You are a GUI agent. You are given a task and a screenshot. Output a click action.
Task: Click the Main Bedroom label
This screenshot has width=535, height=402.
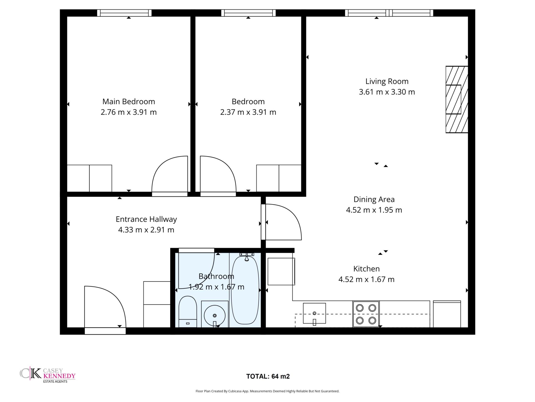click(x=129, y=102)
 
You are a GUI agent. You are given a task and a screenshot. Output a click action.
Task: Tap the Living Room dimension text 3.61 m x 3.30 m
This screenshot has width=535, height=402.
click(x=387, y=92)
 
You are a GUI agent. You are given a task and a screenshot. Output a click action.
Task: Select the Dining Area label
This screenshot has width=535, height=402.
click(x=374, y=199)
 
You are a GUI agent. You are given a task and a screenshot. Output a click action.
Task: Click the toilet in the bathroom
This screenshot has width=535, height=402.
click(x=188, y=311)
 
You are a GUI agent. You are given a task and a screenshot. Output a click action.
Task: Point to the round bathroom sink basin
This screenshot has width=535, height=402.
click(x=215, y=316)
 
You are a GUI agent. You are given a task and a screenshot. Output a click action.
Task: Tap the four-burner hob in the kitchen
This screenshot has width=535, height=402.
click(x=366, y=314)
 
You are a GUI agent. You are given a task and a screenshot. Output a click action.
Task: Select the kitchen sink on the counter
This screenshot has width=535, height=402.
click(x=314, y=313)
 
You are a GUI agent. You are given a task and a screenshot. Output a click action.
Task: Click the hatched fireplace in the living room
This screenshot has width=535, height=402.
click(x=457, y=99)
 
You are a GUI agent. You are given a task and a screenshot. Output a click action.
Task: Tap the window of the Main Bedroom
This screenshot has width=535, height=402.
click(x=124, y=13)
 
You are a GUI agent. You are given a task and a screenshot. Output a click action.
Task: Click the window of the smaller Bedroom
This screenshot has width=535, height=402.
click(x=248, y=13)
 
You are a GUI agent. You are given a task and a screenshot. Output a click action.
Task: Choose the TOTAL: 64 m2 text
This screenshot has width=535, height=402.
click(x=268, y=376)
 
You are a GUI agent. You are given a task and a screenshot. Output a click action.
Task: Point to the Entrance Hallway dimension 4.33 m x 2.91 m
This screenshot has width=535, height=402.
click(x=146, y=230)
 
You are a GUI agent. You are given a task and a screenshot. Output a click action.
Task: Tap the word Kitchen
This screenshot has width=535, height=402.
click(x=367, y=269)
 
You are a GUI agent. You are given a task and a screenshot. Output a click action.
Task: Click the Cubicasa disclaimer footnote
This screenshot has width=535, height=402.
click(x=267, y=391)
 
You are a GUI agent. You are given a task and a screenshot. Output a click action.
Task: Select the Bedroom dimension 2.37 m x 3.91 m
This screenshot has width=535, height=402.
click(x=248, y=112)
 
